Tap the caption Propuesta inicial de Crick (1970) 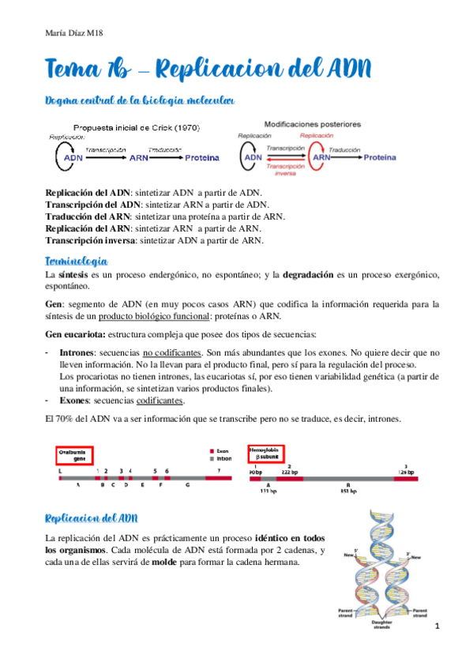[136, 127]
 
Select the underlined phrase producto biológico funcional [152, 317]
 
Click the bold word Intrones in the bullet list [77, 354]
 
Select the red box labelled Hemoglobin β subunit [271, 454]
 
